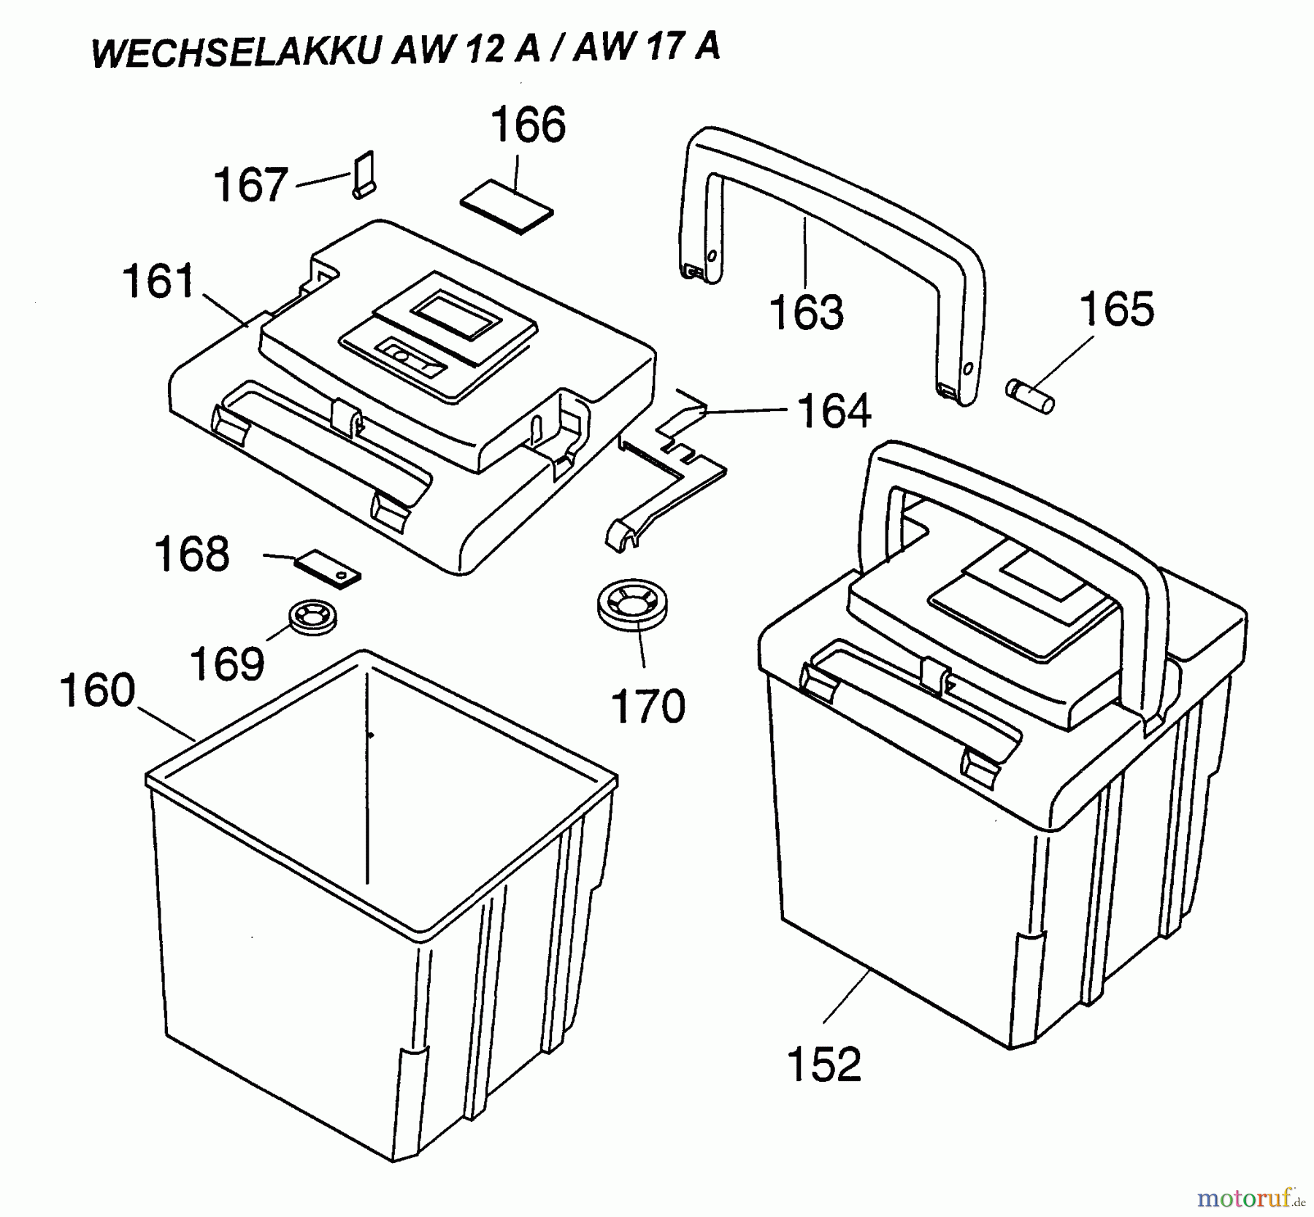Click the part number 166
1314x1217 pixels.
(x=528, y=125)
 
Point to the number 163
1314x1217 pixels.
(x=807, y=312)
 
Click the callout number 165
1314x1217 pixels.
(x=1117, y=309)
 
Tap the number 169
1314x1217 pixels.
(x=227, y=663)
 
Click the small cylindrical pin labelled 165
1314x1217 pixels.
(x=1030, y=395)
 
